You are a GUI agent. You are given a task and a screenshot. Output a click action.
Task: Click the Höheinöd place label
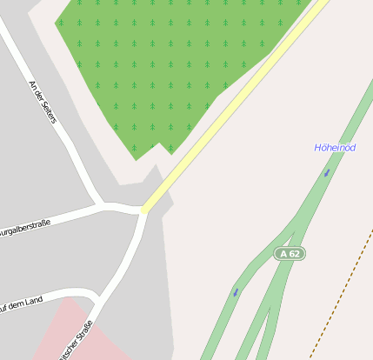[x=335, y=148]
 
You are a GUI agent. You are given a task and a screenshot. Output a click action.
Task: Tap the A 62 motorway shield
[x=290, y=254]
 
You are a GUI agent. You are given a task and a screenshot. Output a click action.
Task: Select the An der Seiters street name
[x=42, y=102]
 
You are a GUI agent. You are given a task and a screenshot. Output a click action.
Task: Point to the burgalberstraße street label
[x=24, y=229]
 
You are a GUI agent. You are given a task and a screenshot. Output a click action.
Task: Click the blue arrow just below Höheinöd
[x=327, y=172]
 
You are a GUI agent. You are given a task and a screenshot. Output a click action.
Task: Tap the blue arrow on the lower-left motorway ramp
[x=236, y=293]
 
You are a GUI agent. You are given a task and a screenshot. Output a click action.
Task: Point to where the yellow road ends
[x=143, y=210]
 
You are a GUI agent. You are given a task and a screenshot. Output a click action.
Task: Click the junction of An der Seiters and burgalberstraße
[x=103, y=205]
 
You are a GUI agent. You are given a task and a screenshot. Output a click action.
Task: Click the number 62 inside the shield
[x=295, y=254]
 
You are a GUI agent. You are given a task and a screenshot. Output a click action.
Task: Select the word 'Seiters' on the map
[x=47, y=110]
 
